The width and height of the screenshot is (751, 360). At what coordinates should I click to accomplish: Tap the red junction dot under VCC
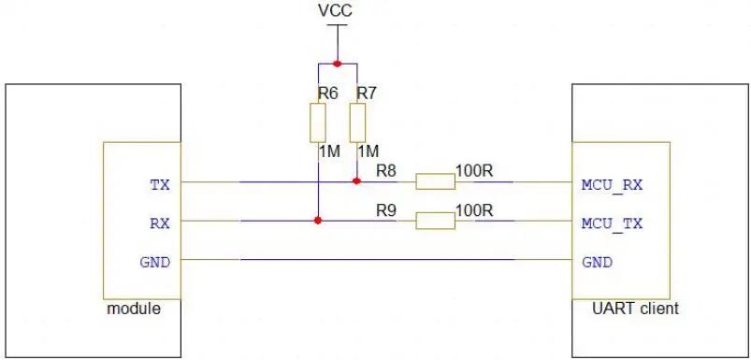pyautogui.click(x=338, y=64)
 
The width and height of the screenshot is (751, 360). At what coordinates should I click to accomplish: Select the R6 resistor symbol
pyautogui.click(x=318, y=122)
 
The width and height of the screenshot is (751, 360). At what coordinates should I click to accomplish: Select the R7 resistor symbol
pyautogui.click(x=357, y=122)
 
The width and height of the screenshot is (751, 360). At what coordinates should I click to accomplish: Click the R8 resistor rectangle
pyautogui.click(x=435, y=182)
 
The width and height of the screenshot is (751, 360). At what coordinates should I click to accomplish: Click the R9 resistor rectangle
pyautogui.click(x=435, y=221)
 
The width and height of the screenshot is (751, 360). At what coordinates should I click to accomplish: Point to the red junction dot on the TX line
pyautogui.click(x=356, y=181)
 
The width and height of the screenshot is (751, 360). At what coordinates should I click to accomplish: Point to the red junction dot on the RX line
pyautogui.click(x=317, y=221)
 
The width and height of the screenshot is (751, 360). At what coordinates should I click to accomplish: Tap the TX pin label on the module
pyautogui.click(x=160, y=185)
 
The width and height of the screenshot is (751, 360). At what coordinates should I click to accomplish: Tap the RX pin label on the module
pyautogui.click(x=160, y=223)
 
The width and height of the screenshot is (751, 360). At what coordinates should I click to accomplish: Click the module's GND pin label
pyautogui.click(x=154, y=263)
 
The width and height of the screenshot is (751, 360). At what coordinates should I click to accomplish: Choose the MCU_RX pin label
pyautogui.click(x=612, y=185)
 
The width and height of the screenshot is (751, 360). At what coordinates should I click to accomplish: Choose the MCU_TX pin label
pyautogui.click(x=612, y=223)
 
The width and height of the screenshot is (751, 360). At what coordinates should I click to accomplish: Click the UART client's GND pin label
pyautogui.click(x=598, y=263)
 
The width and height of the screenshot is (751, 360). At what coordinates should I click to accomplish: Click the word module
pyautogui.click(x=134, y=309)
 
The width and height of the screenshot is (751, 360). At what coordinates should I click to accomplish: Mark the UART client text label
pyautogui.click(x=636, y=309)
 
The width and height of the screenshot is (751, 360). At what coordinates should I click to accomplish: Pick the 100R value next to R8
pyautogui.click(x=474, y=171)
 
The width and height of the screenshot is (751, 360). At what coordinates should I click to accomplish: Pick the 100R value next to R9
pyautogui.click(x=474, y=210)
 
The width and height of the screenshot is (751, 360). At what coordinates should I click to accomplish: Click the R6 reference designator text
pyautogui.click(x=328, y=94)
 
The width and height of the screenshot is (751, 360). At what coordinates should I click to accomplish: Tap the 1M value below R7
pyautogui.click(x=368, y=151)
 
